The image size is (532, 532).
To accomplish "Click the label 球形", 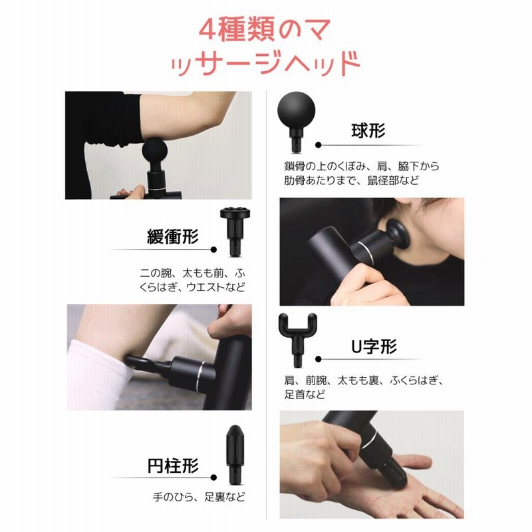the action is (x=368, y=131).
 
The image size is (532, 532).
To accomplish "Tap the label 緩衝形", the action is (x=173, y=237).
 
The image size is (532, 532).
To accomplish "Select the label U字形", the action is (x=374, y=346).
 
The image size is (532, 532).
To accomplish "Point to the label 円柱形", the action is (x=173, y=465).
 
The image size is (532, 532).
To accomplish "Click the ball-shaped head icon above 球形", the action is (x=296, y=121).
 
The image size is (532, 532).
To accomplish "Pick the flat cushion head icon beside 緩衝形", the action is (x=235, y=231).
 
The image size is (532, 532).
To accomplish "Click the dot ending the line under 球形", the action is (x=319, y=145).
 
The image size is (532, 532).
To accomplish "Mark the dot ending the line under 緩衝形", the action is (x=213, y=250).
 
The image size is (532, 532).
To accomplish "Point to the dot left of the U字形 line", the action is (x=319, y=359).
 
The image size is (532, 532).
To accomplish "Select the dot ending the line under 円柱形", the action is (x=213, y=477).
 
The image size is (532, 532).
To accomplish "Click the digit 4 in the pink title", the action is (x=207, y=30).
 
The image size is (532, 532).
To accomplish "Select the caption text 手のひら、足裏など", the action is (x=199, y=497).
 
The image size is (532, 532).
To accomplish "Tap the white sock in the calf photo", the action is (x=98, y=376).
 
